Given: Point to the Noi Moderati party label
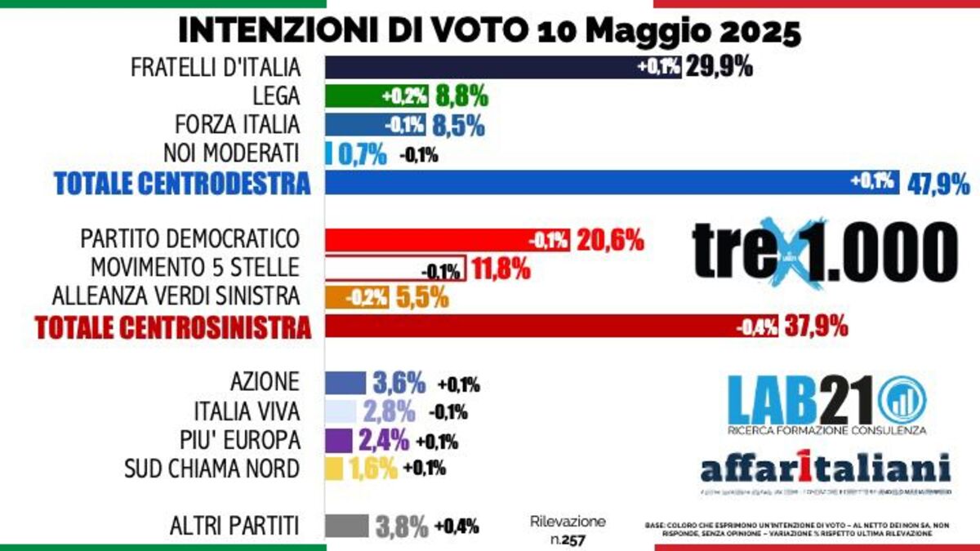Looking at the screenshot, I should (x=232, y=153).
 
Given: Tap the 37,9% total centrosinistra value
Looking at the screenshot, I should (x=815, y=327).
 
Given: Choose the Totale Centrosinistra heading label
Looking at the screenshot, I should (x=173, y=327).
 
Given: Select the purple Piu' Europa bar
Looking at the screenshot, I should (x=339, y=441).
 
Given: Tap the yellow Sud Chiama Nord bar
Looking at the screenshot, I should (x=334, y=469).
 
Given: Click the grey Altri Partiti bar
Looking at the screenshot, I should (x=347, y=527).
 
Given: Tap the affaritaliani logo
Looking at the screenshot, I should (x=826, y=469).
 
